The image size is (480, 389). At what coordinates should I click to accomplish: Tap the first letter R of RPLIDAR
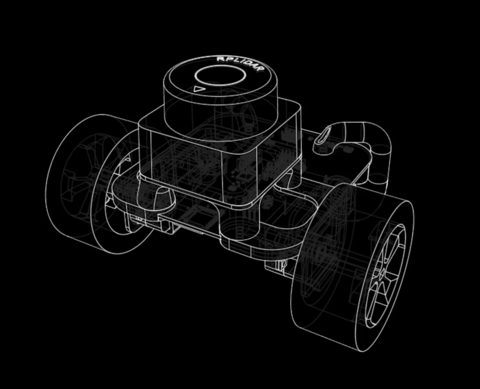tap(220, 59)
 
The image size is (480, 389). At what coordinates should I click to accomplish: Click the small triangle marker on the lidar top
tap(199, 89)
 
